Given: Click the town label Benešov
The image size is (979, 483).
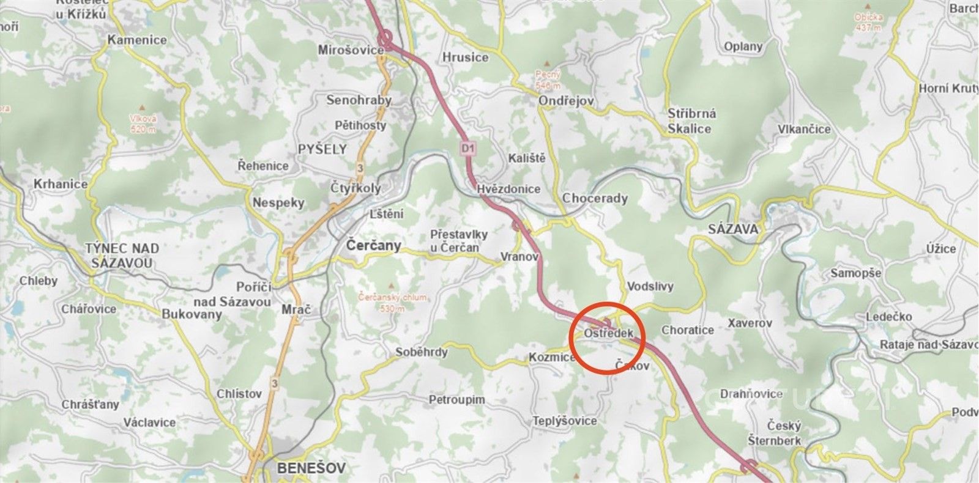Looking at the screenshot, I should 311,468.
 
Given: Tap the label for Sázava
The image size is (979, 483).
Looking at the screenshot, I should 733,229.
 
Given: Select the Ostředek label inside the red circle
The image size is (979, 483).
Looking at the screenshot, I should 608,334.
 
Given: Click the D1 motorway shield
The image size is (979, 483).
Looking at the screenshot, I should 468,147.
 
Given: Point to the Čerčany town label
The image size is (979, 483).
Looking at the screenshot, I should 374,245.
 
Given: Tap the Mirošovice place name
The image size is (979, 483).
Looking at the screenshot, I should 351,50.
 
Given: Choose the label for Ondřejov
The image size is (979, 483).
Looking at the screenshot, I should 566,101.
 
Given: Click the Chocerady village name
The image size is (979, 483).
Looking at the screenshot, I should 595,198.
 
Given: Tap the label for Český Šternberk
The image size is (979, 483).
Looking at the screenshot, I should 775,433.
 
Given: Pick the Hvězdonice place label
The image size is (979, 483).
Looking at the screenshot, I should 509,189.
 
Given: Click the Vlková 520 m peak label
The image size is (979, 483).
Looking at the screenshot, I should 143,124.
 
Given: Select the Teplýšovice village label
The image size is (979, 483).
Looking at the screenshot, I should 564,421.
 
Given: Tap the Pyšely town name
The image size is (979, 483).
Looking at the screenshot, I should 322,149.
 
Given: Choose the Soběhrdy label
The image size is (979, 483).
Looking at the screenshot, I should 422,352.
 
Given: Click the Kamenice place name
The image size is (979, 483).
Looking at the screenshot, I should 137,40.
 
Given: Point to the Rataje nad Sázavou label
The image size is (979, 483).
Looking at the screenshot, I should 928,344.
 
